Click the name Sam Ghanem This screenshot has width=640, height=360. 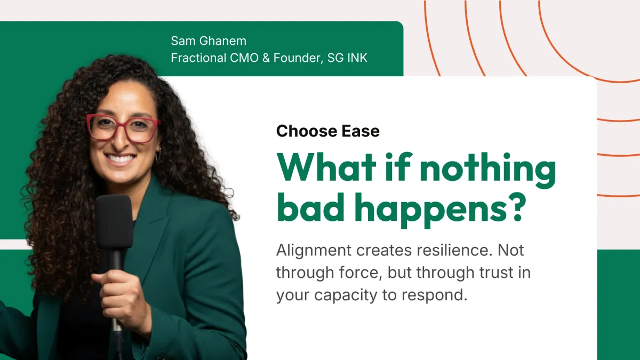click(x=209, y=41)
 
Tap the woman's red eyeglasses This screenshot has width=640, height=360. click(x=123, y=129)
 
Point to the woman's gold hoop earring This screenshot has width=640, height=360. click(x=158, y=157)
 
